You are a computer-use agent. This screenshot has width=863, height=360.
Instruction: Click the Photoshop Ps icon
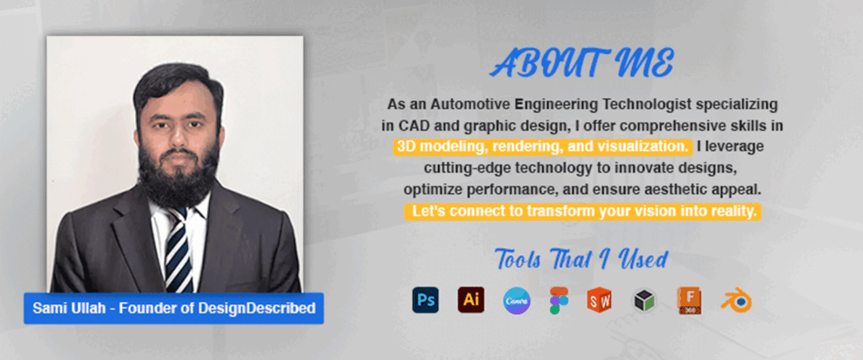426,300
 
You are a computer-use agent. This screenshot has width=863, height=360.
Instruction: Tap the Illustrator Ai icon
471,300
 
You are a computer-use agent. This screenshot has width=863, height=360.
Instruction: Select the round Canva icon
517,301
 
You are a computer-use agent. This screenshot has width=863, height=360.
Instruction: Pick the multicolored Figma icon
560,300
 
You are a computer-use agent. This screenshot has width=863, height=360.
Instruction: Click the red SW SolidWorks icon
600,300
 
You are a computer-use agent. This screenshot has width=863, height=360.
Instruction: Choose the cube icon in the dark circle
645,300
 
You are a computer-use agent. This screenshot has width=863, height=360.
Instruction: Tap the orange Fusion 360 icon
689,300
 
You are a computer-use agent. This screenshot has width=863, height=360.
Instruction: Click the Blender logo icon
737,300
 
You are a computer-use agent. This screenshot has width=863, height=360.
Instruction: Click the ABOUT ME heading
582,63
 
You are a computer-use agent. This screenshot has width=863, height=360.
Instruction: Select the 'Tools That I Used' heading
582,260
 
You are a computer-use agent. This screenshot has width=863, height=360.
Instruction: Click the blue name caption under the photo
174,309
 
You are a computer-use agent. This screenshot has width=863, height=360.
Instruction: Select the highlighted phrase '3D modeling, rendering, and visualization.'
543,147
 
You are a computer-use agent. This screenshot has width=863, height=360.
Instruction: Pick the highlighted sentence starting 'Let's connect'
582,212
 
